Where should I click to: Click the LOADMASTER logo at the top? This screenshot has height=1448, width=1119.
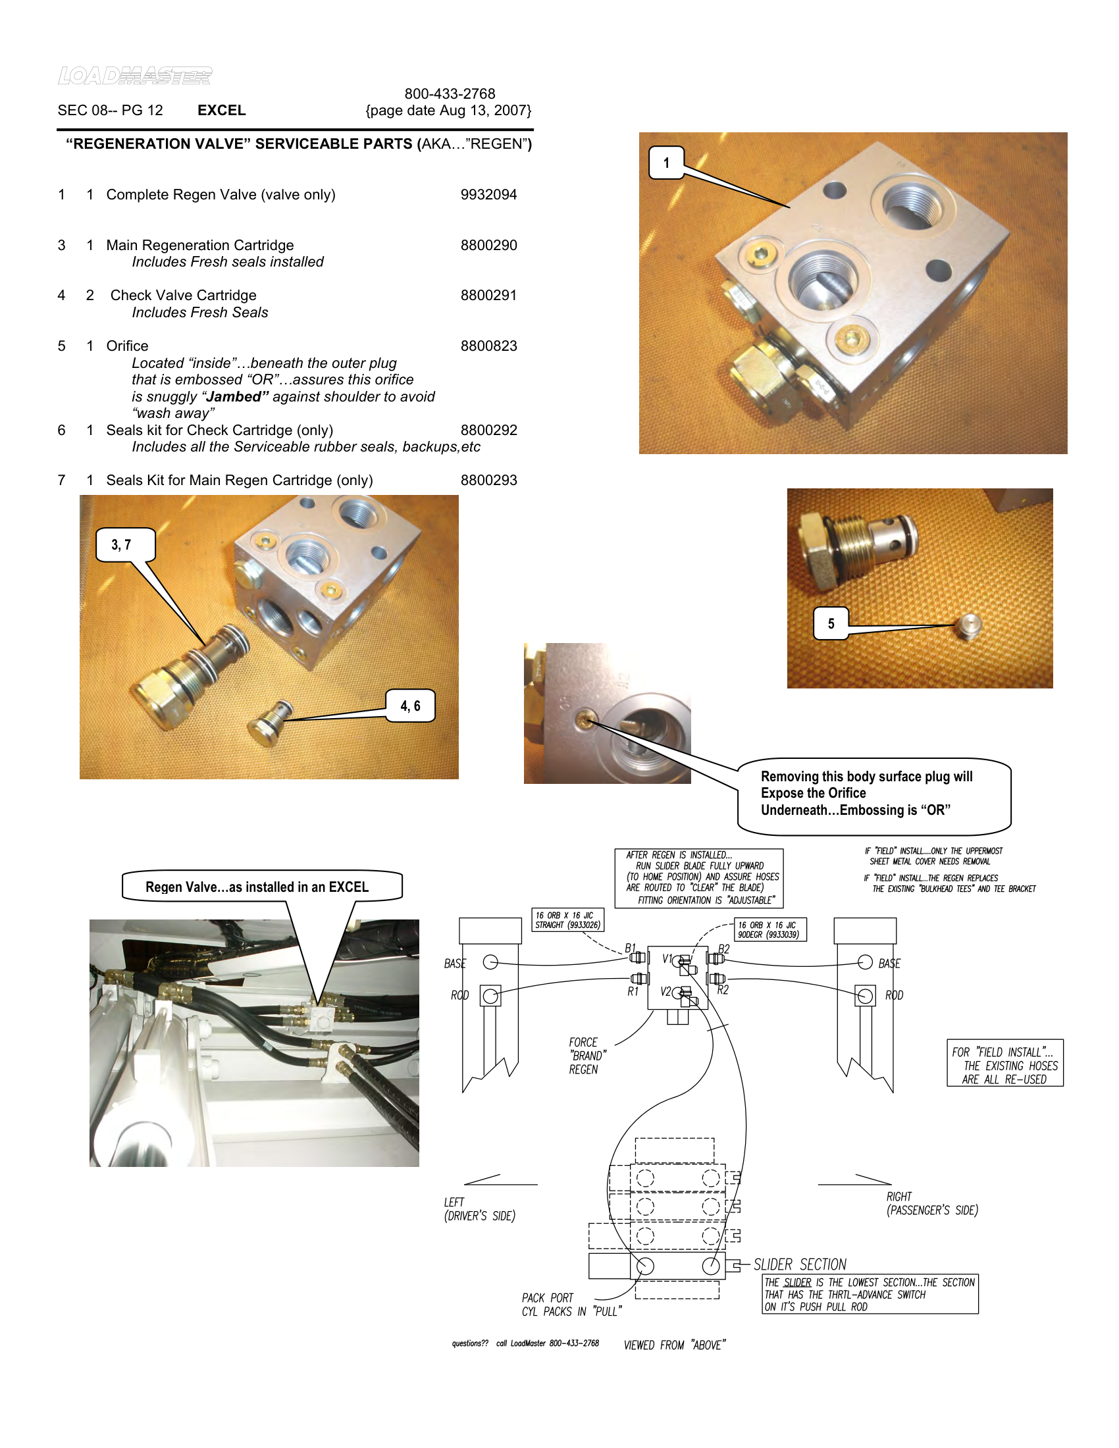point(134,76)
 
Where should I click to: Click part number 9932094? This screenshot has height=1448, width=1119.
point(488,194)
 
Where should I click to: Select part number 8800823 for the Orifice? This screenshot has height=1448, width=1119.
point(488,346)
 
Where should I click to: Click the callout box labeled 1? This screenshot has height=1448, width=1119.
point(666,163)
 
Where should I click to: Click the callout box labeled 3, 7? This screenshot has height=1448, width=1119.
point(125,545)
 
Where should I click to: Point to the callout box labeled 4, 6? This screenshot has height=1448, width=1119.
point(410,706)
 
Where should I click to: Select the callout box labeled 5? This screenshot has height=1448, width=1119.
point(831,624)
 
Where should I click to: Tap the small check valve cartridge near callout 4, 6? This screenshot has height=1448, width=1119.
point(272,723)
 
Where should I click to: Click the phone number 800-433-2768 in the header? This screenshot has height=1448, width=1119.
point(450,93)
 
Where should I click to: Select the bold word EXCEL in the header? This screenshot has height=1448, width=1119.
point(221,110)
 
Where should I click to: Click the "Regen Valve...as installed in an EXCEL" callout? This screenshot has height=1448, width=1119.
point(261,887)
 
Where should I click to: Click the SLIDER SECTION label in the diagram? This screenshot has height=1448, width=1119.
point(800,1264)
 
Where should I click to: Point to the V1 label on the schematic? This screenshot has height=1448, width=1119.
point(667,959)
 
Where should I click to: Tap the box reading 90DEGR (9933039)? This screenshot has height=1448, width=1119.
point(769,929)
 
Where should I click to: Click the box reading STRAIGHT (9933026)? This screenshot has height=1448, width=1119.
point(567,919)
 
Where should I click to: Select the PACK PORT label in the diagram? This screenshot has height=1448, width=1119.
point(547,1297)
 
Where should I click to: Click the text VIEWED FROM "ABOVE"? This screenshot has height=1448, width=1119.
point(674,1345)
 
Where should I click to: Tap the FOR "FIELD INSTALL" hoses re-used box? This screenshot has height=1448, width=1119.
point(1004,1063)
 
